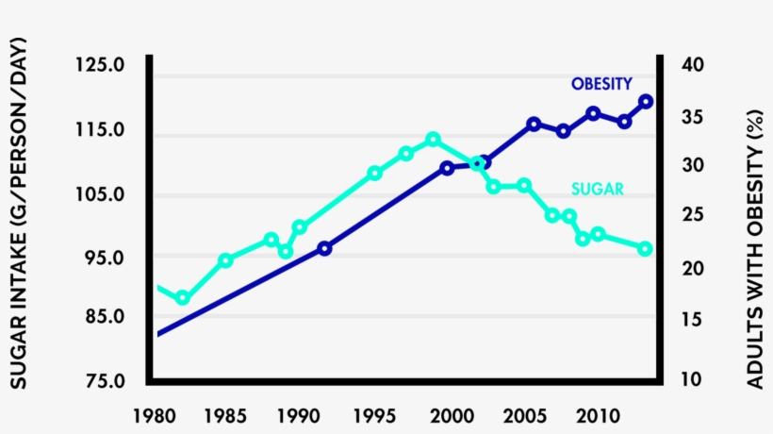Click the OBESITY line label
pos(601,84)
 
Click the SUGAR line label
pos(597,189)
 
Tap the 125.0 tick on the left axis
pos(100,66)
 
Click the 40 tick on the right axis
pos(692,66)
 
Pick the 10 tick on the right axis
pos(692,380)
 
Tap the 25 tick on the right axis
pos(692,216)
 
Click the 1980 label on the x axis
pos(151,415)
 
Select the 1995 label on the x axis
pos(373,415)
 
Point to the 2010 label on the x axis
pos(596,415)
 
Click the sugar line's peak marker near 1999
pos(433,140)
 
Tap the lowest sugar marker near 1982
pos(183,298)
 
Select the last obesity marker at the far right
pos(646,102)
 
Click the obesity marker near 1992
pos(324,248)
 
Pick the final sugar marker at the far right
pos(646,248)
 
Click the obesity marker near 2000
pos(447,168)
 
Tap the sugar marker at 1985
pos(225,260)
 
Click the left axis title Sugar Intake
pos(18,214)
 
